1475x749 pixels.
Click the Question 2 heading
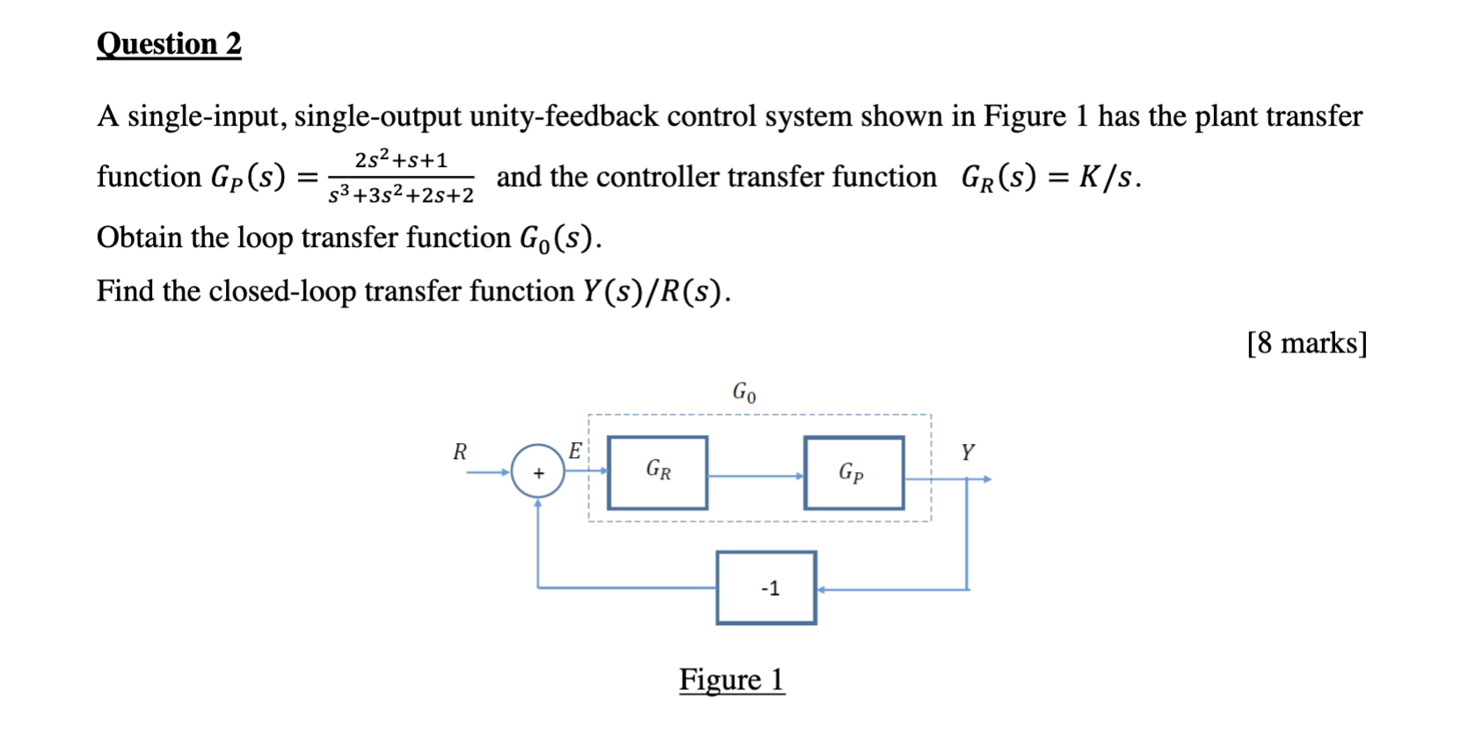169,44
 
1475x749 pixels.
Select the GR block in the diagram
658,472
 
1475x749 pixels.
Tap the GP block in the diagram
854,473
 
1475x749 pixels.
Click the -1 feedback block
767,588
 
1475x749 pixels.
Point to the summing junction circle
538,472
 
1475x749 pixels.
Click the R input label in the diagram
460,452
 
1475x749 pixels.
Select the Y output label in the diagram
967,452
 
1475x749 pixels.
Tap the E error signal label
575,451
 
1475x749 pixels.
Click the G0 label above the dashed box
744,392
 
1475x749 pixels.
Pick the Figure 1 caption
731,680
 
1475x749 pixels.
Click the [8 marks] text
1306,343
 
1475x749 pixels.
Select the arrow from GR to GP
755,476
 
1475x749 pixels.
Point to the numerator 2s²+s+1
401,160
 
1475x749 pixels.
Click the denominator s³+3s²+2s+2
401,194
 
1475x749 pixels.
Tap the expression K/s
1105,177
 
